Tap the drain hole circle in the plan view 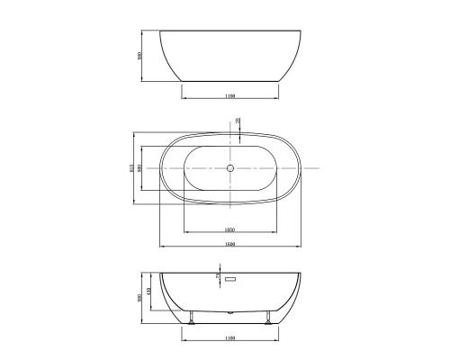(229, 168)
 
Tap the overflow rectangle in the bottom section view (229, 281)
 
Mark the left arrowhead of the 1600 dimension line (162, 247)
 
